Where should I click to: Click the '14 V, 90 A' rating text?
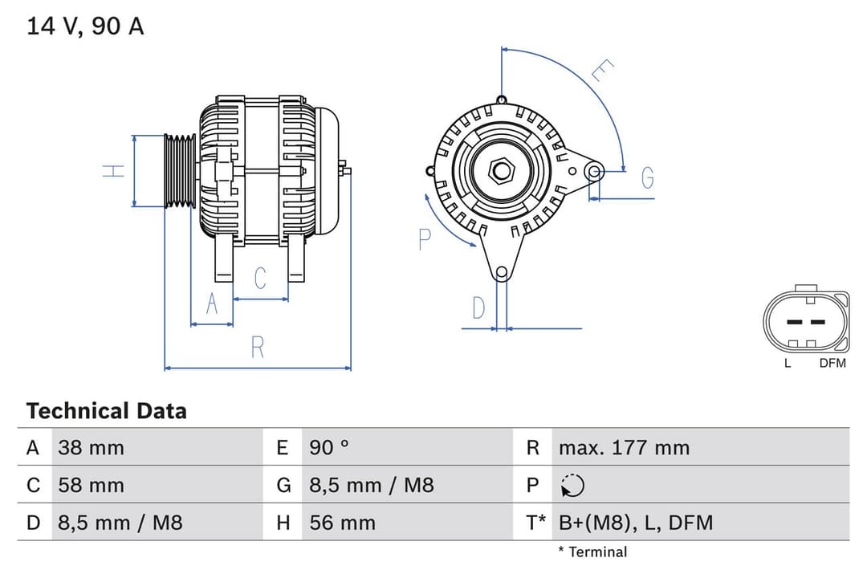point(85,26)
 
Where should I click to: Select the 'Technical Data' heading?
point(106,411)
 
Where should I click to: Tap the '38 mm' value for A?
point(91,447)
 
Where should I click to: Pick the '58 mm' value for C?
point(91,485)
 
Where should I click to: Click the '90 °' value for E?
point(329,447)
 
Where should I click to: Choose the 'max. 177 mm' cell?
point(624,447)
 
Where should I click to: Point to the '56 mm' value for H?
point(342,523)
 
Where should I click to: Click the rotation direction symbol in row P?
point(572,485)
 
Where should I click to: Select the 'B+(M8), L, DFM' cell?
point(635,523)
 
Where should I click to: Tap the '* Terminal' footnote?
point(592,552)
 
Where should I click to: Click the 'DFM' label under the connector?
point(832,363)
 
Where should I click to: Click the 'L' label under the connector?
point(788,363)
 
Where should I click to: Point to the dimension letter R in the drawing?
point(258,348)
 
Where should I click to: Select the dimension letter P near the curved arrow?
point(425,238)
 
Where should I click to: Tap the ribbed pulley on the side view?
point(180,171)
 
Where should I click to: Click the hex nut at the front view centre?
point(502,170)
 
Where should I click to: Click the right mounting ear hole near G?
point(594,170)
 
